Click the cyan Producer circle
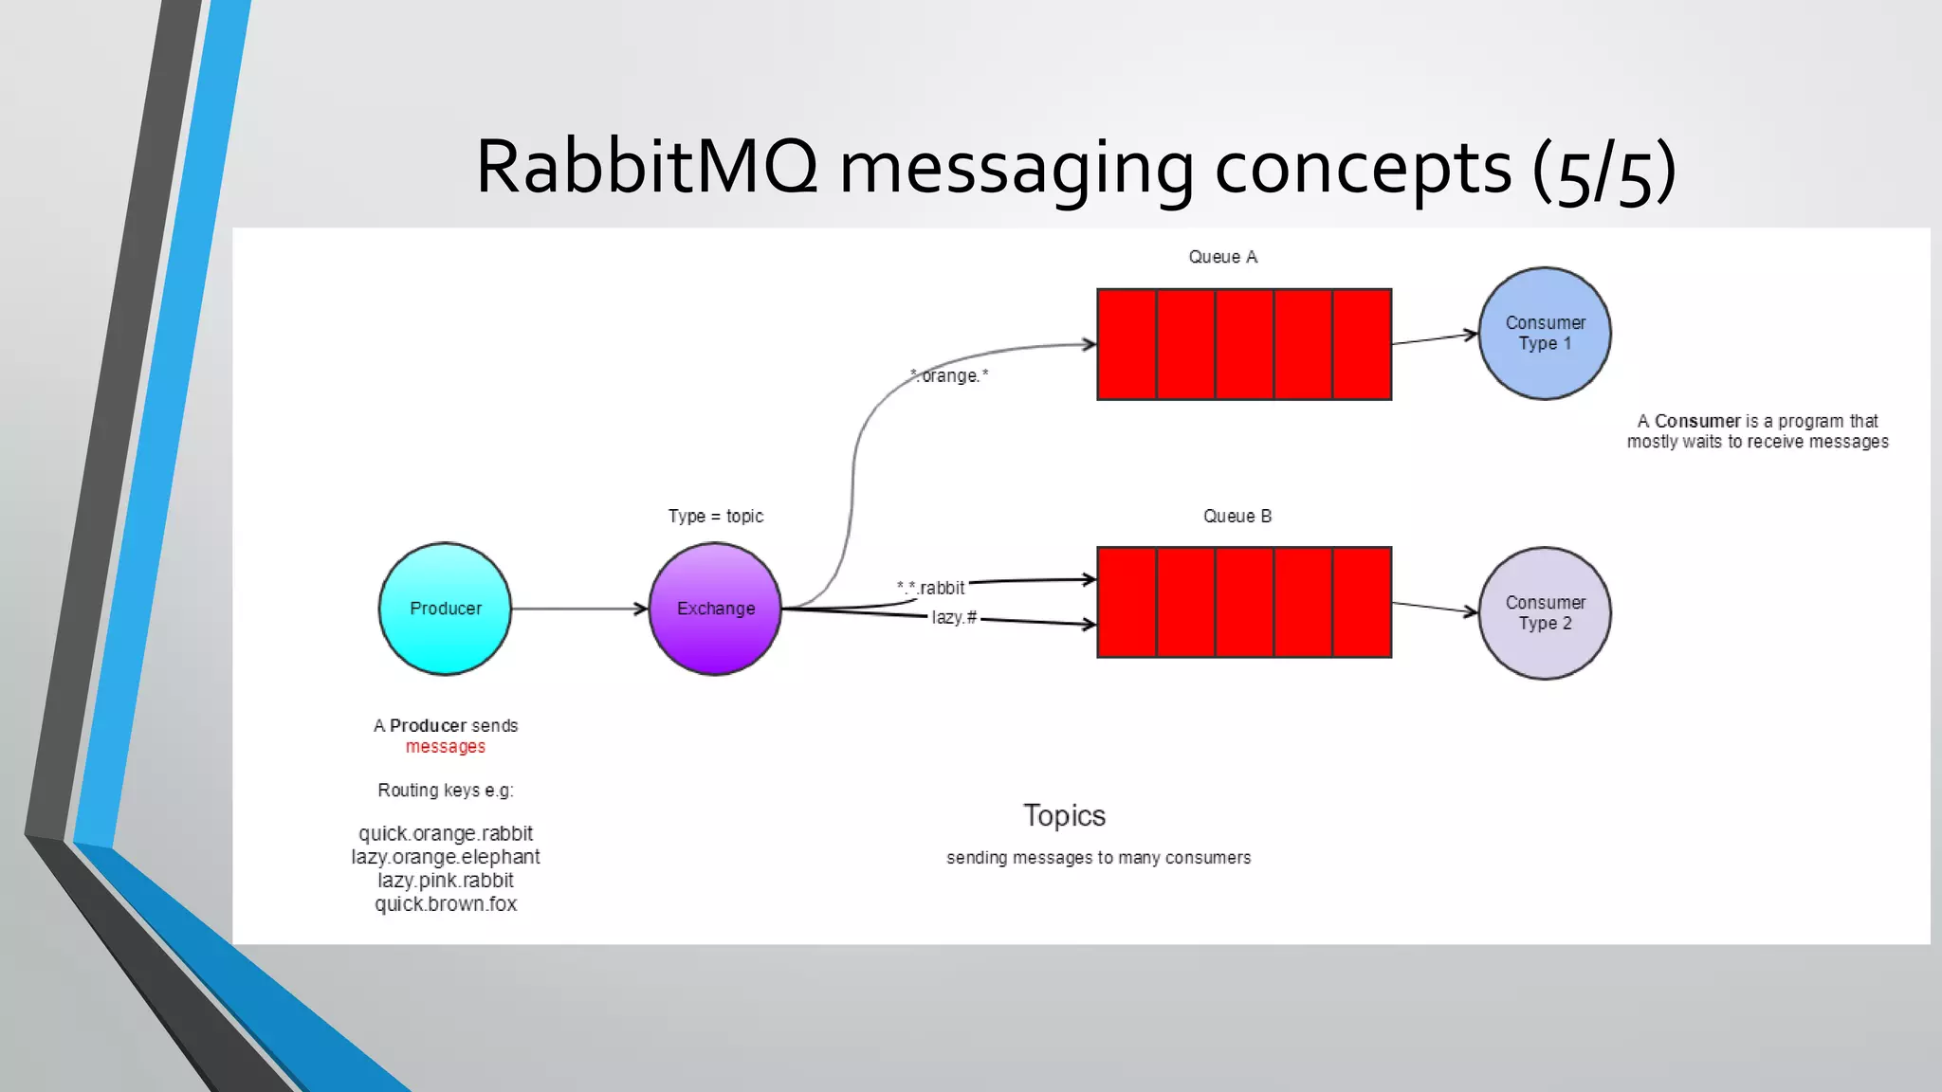pyautogui.click(x=445, y=609)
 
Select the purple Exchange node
pyautogui.click(x=715, y=609)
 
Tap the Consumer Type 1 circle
pyautogui.click(x=1545, y=334)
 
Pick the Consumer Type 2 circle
pyautogui.click(x=1545, y=613)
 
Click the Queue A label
pyautogui.click(x=1222, y=257)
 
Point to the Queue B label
pyautogui.click(x=1237, y=517)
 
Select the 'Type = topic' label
pyautogui.click(x=715, y=517)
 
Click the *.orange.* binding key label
pyautogui.click(x=949, y=376)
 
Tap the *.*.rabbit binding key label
pyautogui.click(x=931, y=588)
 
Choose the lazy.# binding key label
pyautogui.click(x=953, y=618)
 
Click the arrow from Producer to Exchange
pyautogui.click(x=578, y=609)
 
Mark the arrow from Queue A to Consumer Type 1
pyautogui.click(x=1434, y=338)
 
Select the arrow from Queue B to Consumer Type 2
pyautogui.click(x=1434, y=608)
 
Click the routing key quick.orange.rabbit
pyautogui.click(x=446, y=834)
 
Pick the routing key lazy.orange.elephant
pyautogui.click(x=446, y=857)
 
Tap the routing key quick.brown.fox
pyautogui.click(x=446, y=904)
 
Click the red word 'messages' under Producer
pyautogui.click(x=446, y=747)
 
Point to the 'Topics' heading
pyautogui.click(x=1064, y=816)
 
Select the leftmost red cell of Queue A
pyautogui.click(x=1127, y=345)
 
